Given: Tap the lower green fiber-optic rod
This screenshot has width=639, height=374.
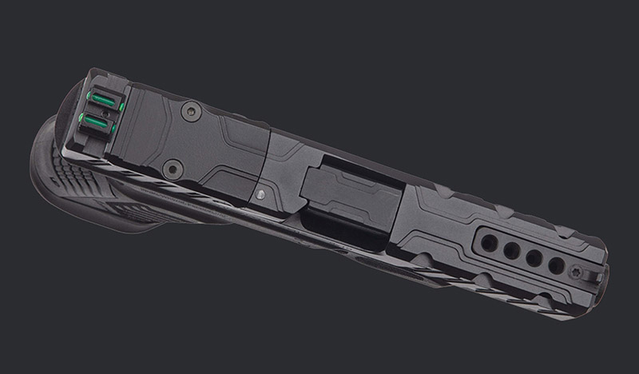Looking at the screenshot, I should tap(96, 120).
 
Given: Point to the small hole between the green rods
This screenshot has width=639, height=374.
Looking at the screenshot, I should tap(99, 110).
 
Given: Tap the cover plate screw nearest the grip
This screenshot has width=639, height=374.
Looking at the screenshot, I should tap(169, 168).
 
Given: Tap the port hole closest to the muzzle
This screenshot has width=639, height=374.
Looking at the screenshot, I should tap(556, 266).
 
